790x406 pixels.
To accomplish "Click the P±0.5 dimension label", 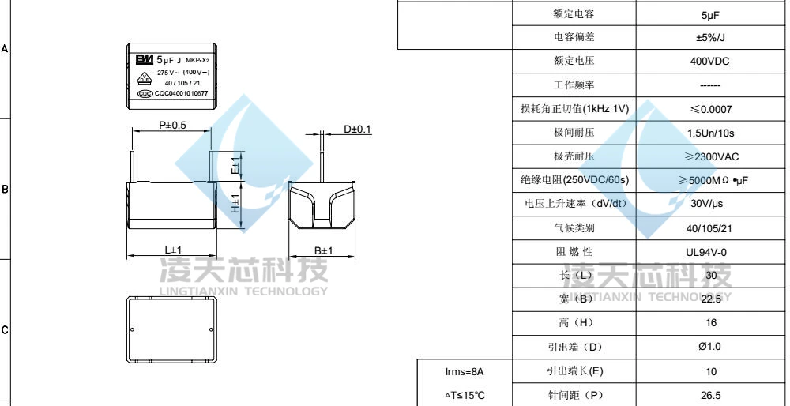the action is coord(172,125).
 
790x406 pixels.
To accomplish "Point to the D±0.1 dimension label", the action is coord(357,129).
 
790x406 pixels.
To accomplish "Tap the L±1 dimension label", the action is coord(173,250).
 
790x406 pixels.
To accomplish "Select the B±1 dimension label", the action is coord(324,250).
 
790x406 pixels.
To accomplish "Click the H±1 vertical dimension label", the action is coord(235,204).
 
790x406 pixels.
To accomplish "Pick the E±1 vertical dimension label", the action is coord(235,165).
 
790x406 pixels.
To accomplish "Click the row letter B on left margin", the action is coord(5,190).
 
